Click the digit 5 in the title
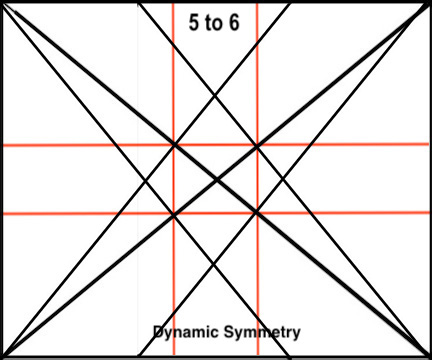click(x=195, y=21)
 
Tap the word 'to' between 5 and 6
click(x=213, y=21)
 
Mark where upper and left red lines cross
click(x=174, y=145)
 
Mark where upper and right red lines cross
click(x=257, y=145)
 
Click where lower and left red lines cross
click(x=174, y=213)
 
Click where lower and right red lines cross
click(x=257, y=213)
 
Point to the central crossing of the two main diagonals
click(x=216, y=179)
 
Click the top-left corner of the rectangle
click(x=2, y=2)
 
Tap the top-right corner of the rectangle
click(x=429, y=2)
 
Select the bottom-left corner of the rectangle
click(x=2, y=356)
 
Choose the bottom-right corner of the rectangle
click(x=429, y=356)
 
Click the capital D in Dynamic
click(x=158, y=332)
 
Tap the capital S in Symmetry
click(x=225, y=332)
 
